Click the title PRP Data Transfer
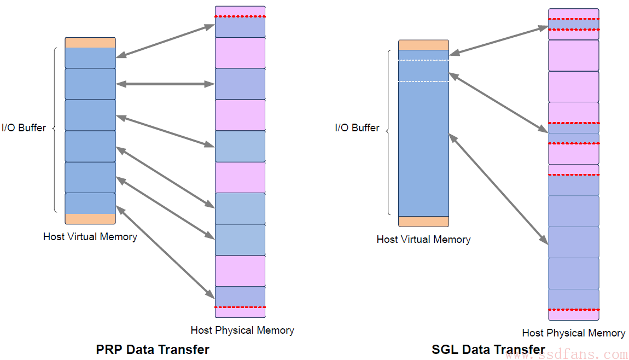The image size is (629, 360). point(153,349)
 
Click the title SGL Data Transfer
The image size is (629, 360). point(488,349)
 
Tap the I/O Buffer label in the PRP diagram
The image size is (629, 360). point(24,127)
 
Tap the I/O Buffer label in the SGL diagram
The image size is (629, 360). point(357,127)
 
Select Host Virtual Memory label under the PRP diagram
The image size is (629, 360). point(90,237)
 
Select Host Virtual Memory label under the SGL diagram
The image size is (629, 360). point(423,239)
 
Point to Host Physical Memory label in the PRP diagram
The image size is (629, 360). point(242,330)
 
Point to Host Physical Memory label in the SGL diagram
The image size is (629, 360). point(574,333)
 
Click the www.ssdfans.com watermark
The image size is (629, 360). point(566,355)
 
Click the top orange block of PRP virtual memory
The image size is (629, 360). point(90,43)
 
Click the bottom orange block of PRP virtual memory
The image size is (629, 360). point(90,219)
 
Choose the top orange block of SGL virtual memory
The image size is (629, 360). point(423,45)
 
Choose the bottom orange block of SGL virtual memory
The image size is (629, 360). point(423,221)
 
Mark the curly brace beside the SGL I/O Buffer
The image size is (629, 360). point(388,132)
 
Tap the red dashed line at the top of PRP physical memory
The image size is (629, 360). point(240,16)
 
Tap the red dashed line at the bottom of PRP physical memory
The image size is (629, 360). point(240,307)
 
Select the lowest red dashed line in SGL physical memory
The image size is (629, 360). point(574,310)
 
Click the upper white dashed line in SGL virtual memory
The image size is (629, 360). point(423,60)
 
